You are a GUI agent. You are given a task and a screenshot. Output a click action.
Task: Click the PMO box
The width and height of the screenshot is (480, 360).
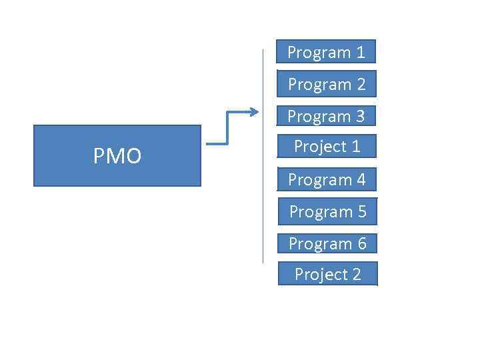click(117, 155)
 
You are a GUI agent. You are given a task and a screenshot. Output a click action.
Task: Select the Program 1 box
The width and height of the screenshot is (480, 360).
click(327, 51)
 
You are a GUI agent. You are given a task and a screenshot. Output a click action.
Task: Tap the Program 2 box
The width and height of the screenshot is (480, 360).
click(327, 84)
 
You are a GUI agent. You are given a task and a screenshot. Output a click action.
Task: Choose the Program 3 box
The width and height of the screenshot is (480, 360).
click(327, 116)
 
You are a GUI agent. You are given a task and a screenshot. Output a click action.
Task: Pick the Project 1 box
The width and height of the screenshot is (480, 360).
click(327, 146)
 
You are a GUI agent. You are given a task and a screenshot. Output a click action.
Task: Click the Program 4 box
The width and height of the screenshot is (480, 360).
click(327, 179)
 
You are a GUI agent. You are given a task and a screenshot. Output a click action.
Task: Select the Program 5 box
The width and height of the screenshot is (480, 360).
click(327, 211)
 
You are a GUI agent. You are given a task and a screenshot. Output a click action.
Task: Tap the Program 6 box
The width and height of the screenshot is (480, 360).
click(327, 243)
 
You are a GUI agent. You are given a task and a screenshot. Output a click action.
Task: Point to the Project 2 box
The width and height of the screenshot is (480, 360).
click(327, 274)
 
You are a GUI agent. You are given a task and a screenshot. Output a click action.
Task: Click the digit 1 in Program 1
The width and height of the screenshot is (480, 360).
click(361, 52)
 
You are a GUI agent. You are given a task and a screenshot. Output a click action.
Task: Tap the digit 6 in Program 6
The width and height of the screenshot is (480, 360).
click(361, 244)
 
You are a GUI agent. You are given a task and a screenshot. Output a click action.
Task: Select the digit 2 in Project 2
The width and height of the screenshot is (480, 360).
click(356, 275)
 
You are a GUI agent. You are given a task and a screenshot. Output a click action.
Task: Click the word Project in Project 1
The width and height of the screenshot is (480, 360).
click(317, 147)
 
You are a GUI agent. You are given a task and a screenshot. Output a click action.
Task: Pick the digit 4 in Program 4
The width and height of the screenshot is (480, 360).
click(361, 180)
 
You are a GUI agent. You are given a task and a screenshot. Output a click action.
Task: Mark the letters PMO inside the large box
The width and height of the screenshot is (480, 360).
click(117, 156)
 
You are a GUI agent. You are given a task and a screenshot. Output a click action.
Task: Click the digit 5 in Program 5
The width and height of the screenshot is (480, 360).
click(361, 212)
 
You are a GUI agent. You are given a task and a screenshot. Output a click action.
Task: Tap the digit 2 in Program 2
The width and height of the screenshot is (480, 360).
click(361, 85)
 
